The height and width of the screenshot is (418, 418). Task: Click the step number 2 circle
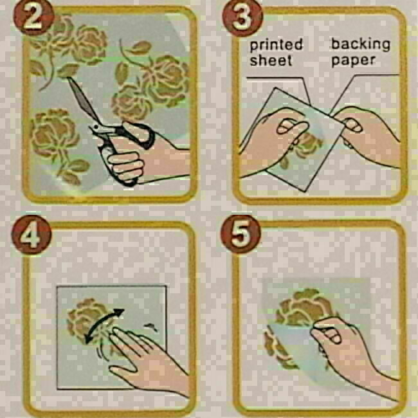click(34, 18)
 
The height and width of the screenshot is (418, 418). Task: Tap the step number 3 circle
click(242, 18)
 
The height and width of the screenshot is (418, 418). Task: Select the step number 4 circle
click(32, 235)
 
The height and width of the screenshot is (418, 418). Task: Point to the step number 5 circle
click(241, 234)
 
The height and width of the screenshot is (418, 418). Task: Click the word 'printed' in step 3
click(277, 45)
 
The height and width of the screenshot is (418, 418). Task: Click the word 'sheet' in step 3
click(271, 60)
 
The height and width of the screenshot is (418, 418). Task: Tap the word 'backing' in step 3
click(361, 44)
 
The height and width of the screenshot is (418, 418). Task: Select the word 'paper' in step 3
click(353, 61)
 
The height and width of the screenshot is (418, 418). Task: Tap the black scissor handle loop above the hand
click(139, 135)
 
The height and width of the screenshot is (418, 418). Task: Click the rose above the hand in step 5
click(304, 307)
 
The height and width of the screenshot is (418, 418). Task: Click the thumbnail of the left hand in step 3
click(287, 128)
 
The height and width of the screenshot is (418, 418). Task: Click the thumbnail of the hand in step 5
click(332, 337)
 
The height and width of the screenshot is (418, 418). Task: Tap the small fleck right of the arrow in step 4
click(150, 327)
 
